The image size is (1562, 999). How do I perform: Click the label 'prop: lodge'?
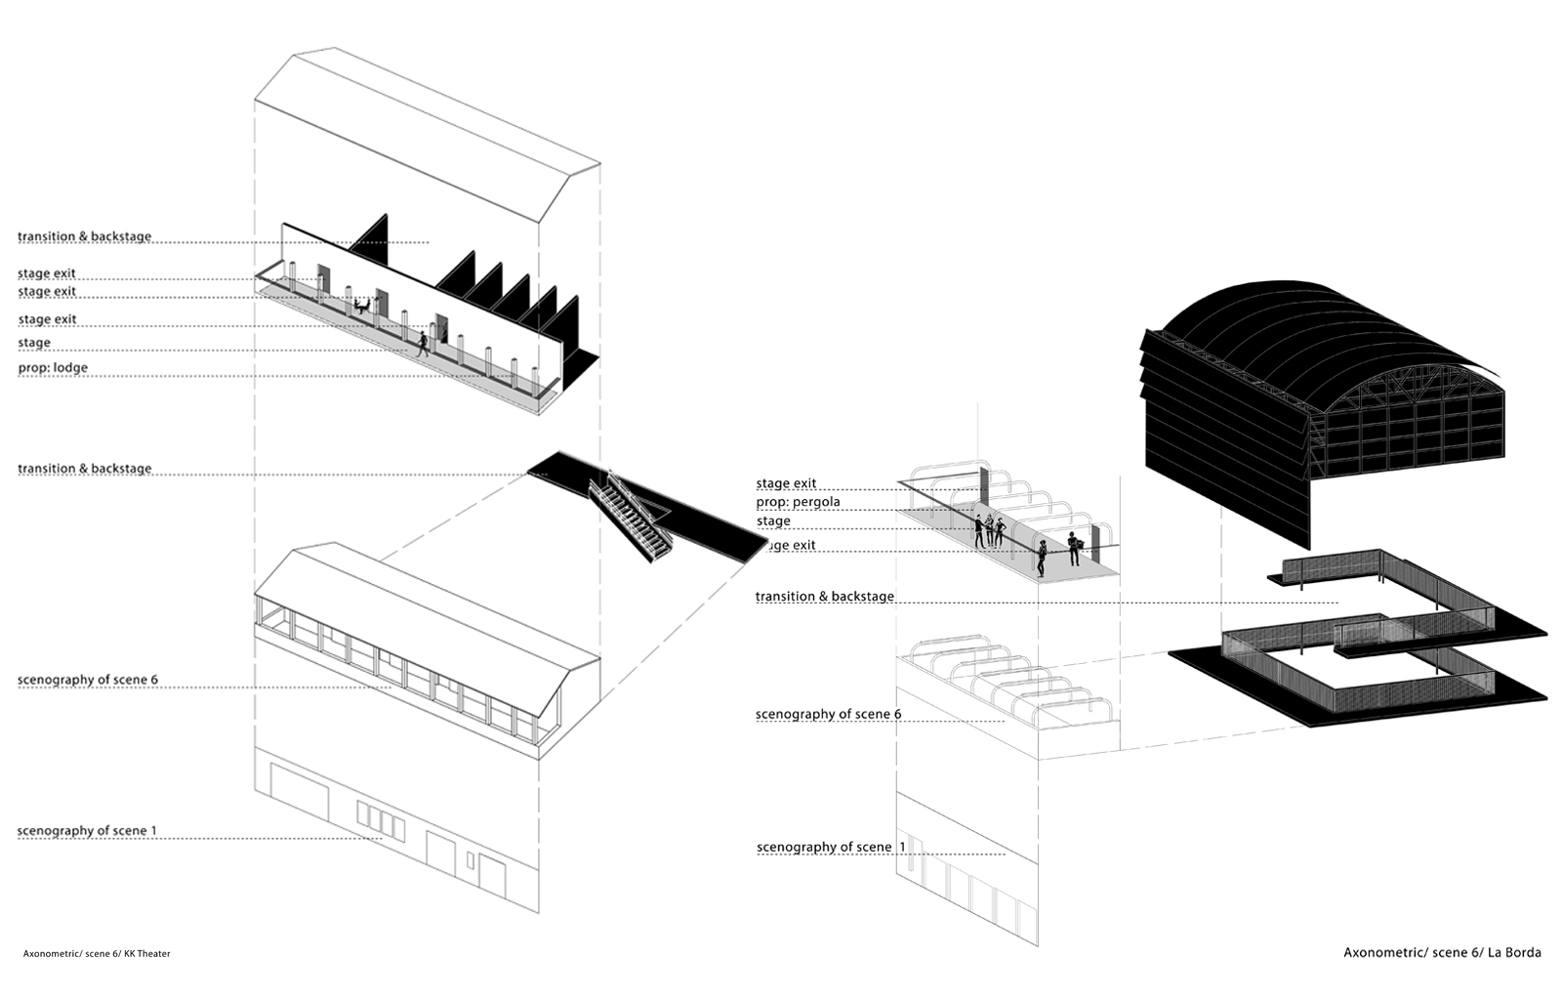pyautogui.click(x=53, y=367)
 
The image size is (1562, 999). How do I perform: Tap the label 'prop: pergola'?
pyautogui.click(x=799, y=502)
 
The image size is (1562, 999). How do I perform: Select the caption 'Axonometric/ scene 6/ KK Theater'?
pyautogui.click(x=97, y=953)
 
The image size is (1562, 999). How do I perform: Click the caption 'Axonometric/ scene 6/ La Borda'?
pyautogui.click(x=1442, y=952)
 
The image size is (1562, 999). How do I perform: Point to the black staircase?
pyautogui.click(x=631, y=518)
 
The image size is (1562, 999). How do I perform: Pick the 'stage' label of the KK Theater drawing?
pyautogui.click(x=34, y=343)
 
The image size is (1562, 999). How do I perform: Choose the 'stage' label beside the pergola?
pyautogui.click(x=773, y=520)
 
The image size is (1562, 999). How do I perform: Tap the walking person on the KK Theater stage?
pyautogui.click(x=423, y=344)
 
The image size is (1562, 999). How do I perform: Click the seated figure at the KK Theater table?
pyautogui.click(x=361, y=307)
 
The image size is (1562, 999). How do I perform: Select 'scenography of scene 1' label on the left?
pyautogui.click(x=87, y=830)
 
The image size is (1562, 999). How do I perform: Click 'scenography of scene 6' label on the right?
pyautogui.click(x=829, y=714)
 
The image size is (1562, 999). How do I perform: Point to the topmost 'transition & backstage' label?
pyautogui.click(x=84, y=236)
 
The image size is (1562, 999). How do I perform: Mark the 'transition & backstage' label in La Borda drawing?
pyautogui.click(x=824, y=597)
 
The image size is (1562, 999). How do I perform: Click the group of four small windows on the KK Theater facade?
pyautogui.click(x=381, y=820)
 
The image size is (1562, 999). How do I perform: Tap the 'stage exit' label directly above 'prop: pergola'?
pyautogui.click(x=786, y=482)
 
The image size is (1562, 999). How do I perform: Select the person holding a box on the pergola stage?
pyautogui.click(x=1074, y=548)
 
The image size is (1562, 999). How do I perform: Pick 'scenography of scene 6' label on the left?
pyautogui.click(x=88, y=680)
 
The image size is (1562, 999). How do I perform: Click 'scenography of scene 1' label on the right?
pyautogui.click(x=831, y=847)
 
